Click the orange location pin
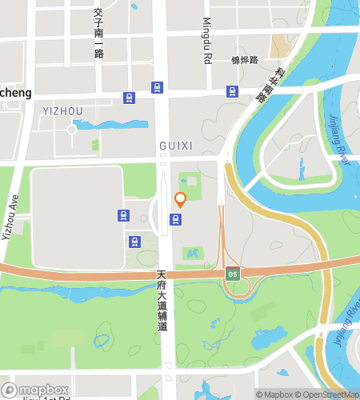tap(180, 200)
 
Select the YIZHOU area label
tap(62, 111)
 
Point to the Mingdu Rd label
tap(206, 41)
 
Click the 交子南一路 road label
tap(98, 33)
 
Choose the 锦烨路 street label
tap(244, 60)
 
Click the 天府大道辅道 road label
tap(162, 301)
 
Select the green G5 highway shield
tap(232, 274)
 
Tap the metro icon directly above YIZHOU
tap(129, 97)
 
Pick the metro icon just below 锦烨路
tap(232, 90)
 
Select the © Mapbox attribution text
tap(274, 394)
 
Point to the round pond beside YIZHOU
tap(73, 128)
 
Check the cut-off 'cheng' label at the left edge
tap(15, 93)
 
